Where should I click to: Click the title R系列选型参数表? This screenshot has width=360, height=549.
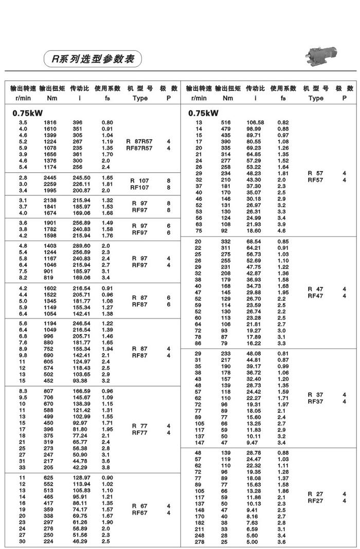click(x=93, y=59)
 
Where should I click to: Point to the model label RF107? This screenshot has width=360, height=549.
click(x=140, y=188)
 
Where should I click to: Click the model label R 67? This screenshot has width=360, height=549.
click(x=140, y=506)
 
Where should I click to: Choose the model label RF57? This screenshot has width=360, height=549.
click(x=315, y=180)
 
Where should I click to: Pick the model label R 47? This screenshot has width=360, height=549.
click(x=315, y=289)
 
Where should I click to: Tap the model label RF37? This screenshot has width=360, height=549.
click(x=315, y=401)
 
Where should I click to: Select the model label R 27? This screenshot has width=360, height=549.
click(x=315, y=494)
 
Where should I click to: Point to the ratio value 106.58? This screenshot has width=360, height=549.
click(x=256, y=122)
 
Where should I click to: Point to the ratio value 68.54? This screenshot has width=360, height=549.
click(x=255, y=242)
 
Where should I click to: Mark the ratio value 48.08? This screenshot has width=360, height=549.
click(x=255, y=354)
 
